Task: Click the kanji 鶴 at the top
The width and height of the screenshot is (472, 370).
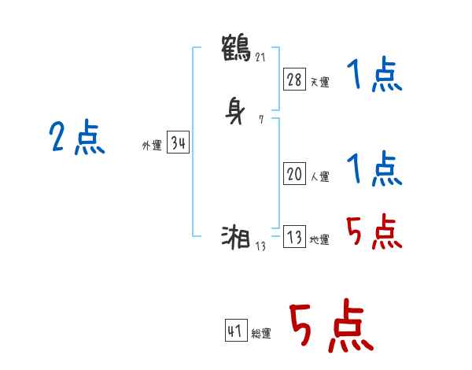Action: pos(238,46)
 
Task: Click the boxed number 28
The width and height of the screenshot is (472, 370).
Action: pos(294,79)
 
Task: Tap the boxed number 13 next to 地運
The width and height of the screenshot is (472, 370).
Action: pos(294,238)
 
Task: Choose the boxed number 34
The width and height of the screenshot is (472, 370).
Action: pos(178,143)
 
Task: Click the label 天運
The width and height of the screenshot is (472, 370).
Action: pos(319,82)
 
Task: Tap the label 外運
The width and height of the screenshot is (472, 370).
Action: pos(152,146)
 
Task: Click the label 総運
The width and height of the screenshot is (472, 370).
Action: pos(260,334)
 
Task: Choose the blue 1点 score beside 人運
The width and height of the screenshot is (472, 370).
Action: pos(374,168)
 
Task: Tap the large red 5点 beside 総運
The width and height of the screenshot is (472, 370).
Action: pos(330,327)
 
